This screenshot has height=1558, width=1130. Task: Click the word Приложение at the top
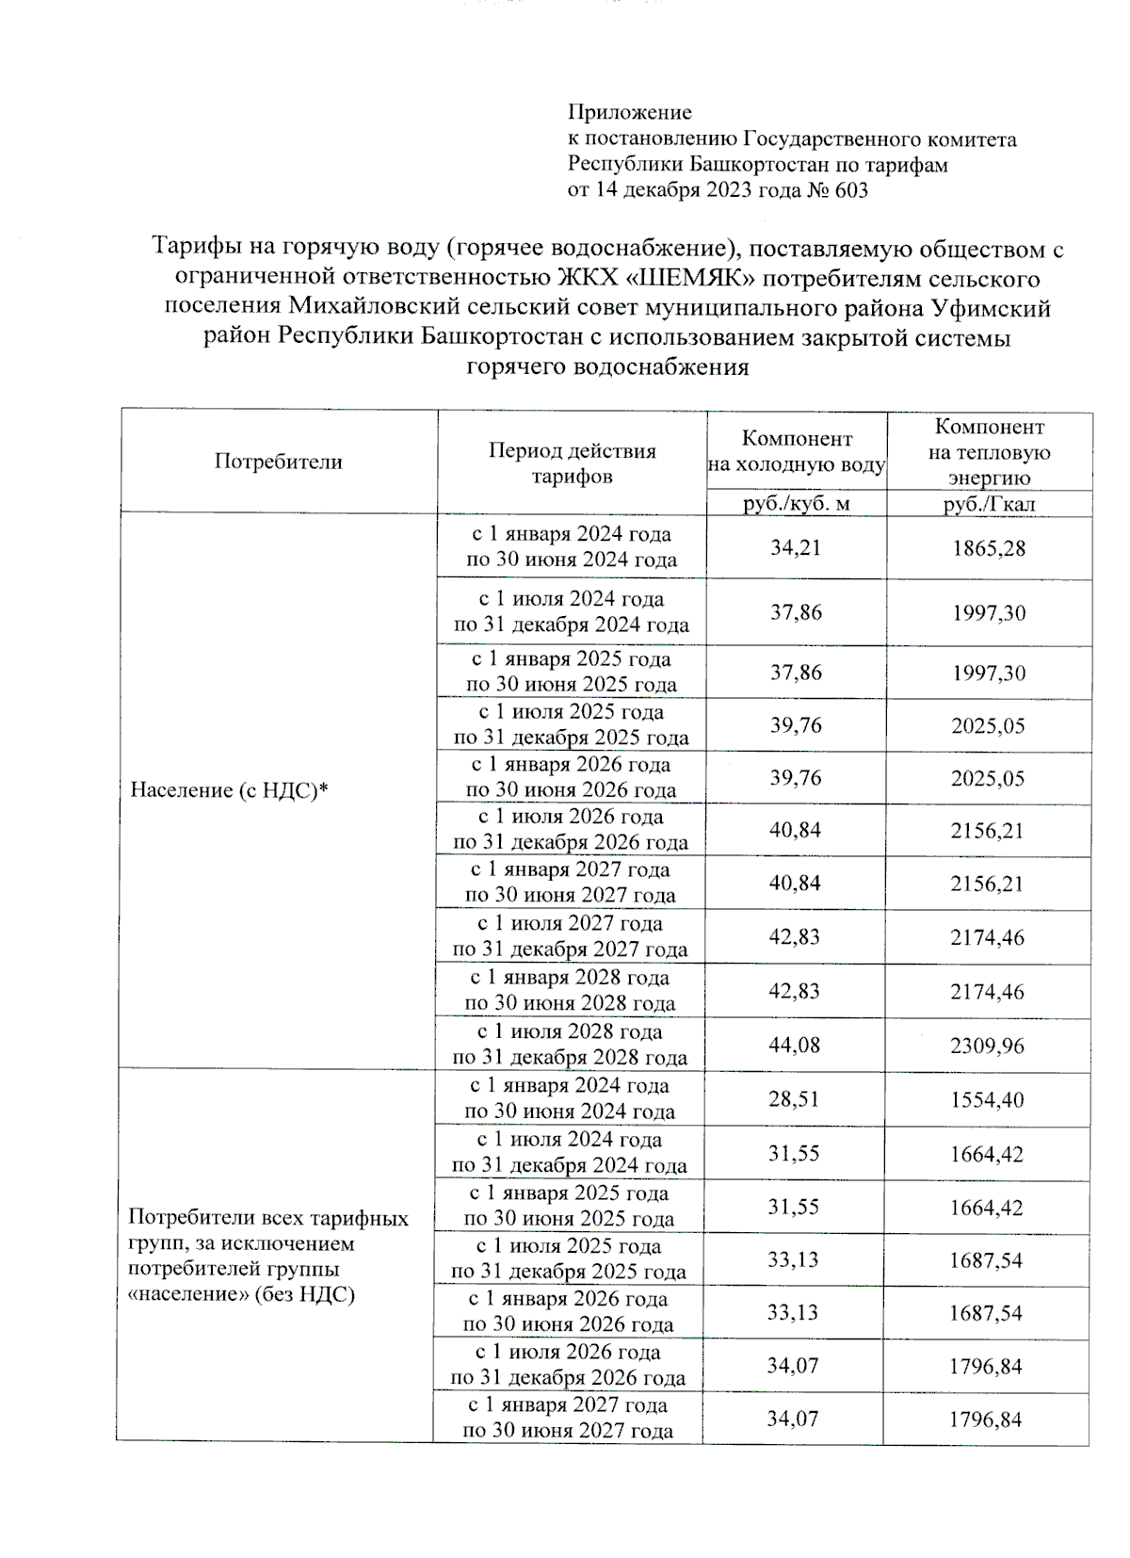[x=629, y=112]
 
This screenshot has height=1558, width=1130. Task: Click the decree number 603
[x=850, y=190]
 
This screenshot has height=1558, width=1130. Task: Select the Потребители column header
[x=278, y=462]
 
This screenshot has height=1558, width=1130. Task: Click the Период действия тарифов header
[x=572, y=463]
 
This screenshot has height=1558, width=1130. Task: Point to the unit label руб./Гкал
[x=989, y=504]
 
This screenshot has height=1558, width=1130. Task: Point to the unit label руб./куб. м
[x=796, y=503]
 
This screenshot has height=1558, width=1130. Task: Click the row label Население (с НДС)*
[x=229, y=790]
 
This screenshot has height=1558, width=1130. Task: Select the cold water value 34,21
[x=796, y=547]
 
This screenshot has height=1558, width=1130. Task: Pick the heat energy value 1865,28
[x=989, y=548]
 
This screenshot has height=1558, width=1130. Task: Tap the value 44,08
[x=794, y=1045]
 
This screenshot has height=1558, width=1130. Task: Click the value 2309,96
[x=987, y=1046]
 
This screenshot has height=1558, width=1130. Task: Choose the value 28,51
[x=794, y=1099]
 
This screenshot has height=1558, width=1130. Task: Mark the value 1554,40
[x=987, y=1099]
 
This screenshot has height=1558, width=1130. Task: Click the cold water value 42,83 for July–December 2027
[x=794, y=936]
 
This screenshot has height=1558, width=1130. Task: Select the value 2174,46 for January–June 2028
[x=987, y=991]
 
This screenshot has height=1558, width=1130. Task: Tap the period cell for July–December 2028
[x=570, y=1045]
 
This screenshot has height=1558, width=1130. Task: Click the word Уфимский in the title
[x=991, y=308]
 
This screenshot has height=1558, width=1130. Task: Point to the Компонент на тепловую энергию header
[x=989, y=452]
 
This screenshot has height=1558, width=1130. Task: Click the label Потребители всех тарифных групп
[x=268, y=1218]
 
